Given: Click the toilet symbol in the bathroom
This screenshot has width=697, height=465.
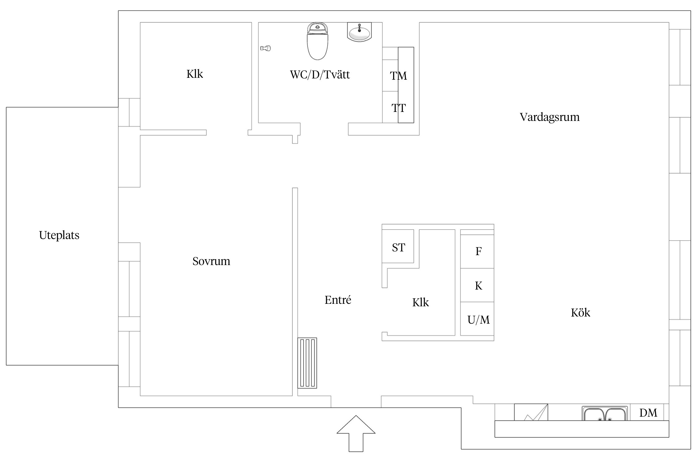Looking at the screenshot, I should tap(318, 42).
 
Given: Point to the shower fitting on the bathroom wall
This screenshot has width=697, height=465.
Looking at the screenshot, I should tap(266, 48).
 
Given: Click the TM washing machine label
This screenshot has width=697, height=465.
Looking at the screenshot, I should tap(398, 76).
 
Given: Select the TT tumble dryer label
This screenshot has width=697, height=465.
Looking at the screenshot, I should tap(398, 108).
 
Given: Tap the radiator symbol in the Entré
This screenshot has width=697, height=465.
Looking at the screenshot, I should tap(307, 363).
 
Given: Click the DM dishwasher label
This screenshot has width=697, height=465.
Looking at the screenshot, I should tap(648, 413).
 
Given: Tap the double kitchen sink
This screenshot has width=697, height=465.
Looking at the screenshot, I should tap(605, 414).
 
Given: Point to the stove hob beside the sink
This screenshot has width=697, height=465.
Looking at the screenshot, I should tap(531, 412).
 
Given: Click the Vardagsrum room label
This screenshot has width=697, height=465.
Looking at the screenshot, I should tap(550, 117).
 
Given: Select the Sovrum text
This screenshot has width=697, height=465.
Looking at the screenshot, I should tap(211, 261).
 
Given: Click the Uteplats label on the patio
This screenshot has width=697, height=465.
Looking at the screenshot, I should tap(59, 235).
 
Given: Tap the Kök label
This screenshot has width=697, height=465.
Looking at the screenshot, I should tap(581, 312).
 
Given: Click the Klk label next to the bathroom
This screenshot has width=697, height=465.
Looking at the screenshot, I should tap(195, 74).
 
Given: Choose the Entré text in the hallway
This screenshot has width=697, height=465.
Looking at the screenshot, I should tap(338, 300).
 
